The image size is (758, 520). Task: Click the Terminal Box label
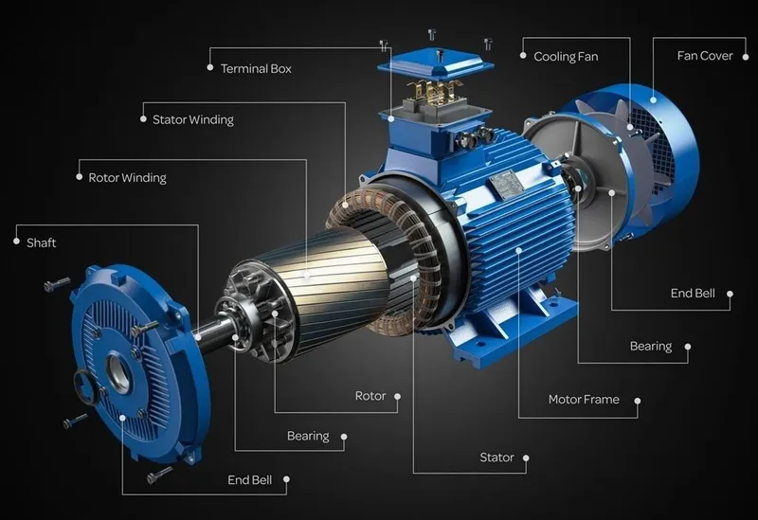[x=256, y=68]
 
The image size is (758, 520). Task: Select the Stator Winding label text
[x=193, y=119]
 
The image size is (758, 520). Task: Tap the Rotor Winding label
[x=128, y=178]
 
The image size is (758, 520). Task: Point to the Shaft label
[x=42, y=242]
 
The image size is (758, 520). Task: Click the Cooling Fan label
[x=566, y=57]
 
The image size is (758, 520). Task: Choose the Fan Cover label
[x=705, y=56]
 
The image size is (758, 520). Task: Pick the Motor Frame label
[x=584, y=400]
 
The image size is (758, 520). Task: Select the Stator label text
[x=496, y=457]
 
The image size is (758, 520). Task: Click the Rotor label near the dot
[x=370, y=396]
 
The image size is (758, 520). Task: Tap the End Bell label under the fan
[x=693, y=294]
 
